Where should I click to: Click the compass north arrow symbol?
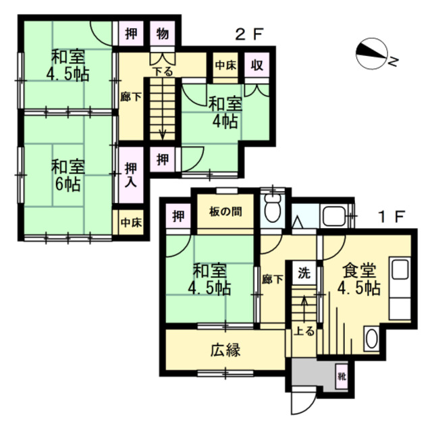point(372,54)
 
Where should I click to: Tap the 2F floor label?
point(249,34)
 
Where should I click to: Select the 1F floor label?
point(391,217)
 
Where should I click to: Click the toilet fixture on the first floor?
point(272,207)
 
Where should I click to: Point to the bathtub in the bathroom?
point(335,216)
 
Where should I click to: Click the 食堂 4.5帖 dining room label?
point(359,279)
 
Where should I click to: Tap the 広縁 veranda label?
point(225,350)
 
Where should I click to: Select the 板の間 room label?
point(225,211)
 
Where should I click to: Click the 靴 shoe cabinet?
point(342,377)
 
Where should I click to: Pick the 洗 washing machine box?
point(304,273)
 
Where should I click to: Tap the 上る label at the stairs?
point(304,331)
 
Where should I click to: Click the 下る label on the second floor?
point(163,72)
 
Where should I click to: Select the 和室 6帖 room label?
point(68,175)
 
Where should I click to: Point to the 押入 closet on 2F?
point(131,175)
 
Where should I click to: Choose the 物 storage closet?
point(163,34)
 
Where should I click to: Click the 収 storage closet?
point(256,65)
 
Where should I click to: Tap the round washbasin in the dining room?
point(372,339)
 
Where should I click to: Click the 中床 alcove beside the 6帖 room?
point(131,223)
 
